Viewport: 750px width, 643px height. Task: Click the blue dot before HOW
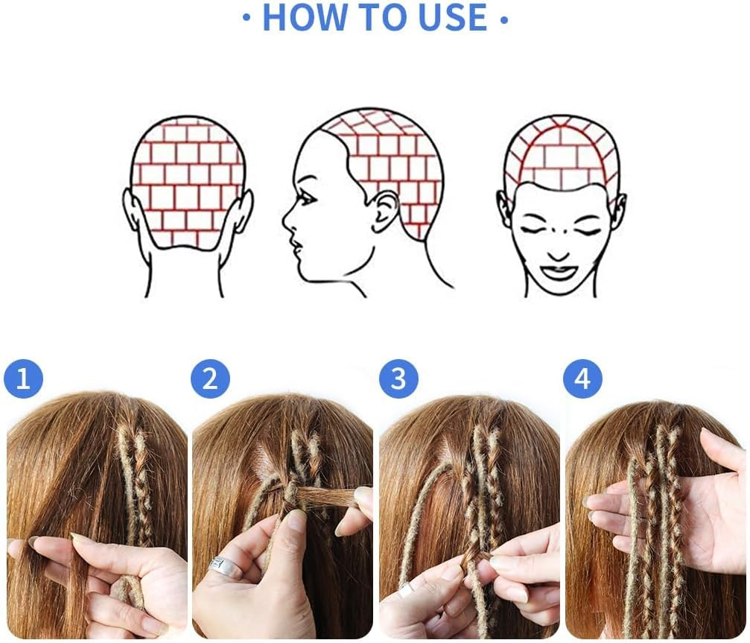tap(247, 19)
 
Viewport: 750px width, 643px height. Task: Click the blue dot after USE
tap(504, 19)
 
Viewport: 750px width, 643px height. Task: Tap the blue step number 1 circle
tap(23, 379)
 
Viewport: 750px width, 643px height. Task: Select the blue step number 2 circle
tap(210, 379)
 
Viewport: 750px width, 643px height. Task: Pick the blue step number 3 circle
tap(398, 379)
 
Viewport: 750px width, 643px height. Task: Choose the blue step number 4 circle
tap(582, 379)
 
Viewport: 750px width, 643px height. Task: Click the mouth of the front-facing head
tap(559, 271)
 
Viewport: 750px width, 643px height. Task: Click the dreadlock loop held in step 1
tap(128, 592)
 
